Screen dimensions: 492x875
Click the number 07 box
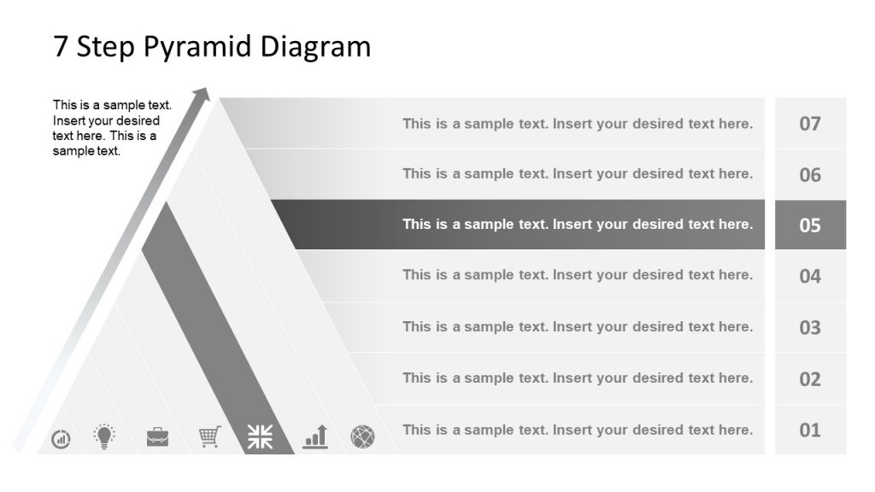tap(810, 123)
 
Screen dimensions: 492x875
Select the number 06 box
tap(810, 174)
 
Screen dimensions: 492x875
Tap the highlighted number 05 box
tap(810, 225)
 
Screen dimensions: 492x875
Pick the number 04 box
tap(810, 276)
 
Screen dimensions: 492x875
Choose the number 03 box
tap(810, 327)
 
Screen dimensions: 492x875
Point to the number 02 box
tap(810, 378)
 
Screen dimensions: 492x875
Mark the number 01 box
tap(810, 430)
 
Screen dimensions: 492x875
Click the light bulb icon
tap(104, 436)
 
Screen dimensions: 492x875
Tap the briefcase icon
tap(157, 437)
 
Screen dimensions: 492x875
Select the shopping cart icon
tap(210, 436)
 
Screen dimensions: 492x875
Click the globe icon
tap(362, 437)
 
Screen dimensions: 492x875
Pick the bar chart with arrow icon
tap(315, 436)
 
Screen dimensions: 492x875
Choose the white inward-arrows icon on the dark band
tap(261, 436)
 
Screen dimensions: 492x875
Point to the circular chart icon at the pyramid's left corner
tap(62, 439)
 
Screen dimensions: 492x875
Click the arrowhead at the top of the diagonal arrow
tap(202, 93)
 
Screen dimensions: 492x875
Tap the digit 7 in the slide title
tap(61, 46)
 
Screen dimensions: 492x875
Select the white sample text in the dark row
tap(578, 225)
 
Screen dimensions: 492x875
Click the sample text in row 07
tap(578, 124)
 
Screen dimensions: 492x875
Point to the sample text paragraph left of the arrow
tap(112, 128)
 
